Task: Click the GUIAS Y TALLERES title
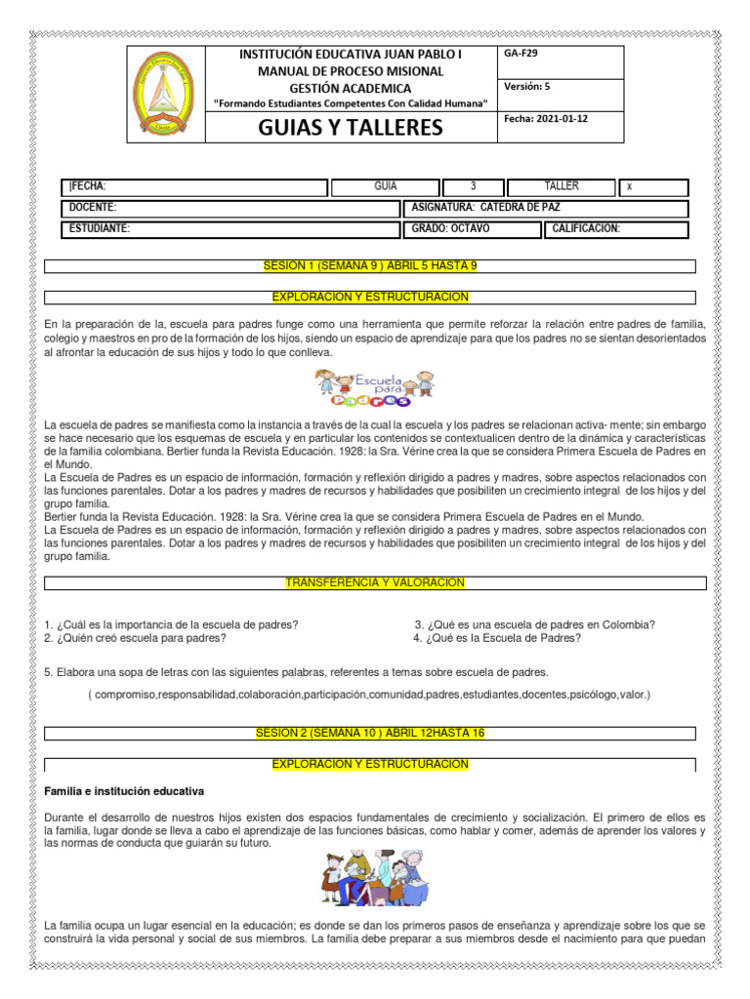[350, 128]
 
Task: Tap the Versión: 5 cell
[527, 87]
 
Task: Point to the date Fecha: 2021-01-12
[546, 118]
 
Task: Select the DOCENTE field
[93, 208]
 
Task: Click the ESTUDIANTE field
[99, 229]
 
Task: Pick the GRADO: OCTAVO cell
[451, 229]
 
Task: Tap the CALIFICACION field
[586, 229]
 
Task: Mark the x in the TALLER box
[629, 187]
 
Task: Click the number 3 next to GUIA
[474, 186]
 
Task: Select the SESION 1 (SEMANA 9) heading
[370, 265]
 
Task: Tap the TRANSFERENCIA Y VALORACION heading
[375, 582]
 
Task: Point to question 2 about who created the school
[136, 638]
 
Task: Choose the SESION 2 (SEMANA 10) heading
[370, 733]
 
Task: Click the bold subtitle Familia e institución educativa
[124, 790]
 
